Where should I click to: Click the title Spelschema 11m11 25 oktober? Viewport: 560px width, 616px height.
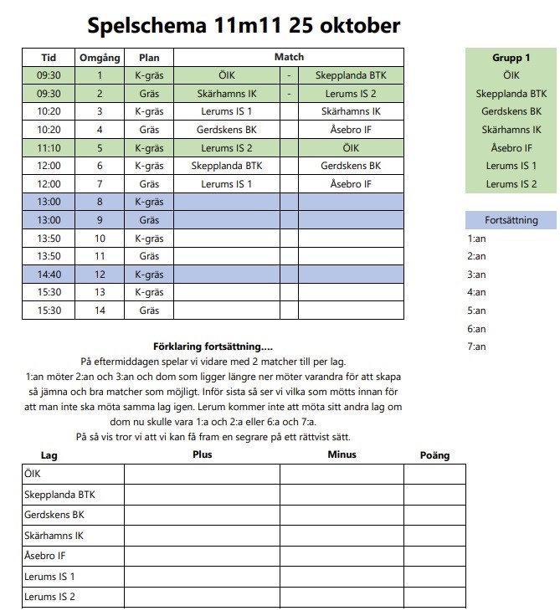(x=244, y=25)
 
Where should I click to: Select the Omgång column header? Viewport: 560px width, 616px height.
(x=99, y=58)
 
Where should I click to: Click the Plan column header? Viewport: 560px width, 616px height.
(x=149, y=58)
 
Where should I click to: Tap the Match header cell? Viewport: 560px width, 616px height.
(x=289, y=58)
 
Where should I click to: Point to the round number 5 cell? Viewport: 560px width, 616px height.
(x=99, y=147)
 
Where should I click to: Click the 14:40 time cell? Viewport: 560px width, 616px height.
(x=49, y=274)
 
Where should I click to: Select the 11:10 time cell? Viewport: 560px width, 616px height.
(x=49, y=147)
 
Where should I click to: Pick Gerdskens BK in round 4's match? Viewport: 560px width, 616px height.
(x=227, y=130)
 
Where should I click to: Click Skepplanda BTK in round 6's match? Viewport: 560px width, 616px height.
(x=227, y=166)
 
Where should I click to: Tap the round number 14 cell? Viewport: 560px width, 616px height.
(x=99, y=310)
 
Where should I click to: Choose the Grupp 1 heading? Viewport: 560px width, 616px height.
(x=511, y=58)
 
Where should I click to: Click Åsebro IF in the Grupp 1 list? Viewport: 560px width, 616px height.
(x=511, y=148)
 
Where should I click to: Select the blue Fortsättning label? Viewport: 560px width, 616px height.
(x=511, y=220)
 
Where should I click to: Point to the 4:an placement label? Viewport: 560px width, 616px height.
(x=476, y=292)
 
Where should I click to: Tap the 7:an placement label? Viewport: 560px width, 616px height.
(x=476, y=346)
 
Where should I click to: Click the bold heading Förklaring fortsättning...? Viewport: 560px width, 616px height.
(x=213, y=346)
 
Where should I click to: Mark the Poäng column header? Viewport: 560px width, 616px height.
(x=434, y=455)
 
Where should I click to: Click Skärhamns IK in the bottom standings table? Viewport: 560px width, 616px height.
(x=54, y=535)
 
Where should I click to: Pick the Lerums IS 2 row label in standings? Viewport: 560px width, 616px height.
(x=50, y=597)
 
